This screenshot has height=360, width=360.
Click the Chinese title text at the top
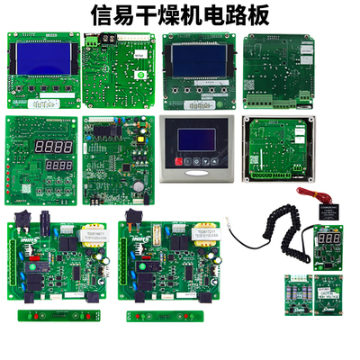click(x=179, y=15)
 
